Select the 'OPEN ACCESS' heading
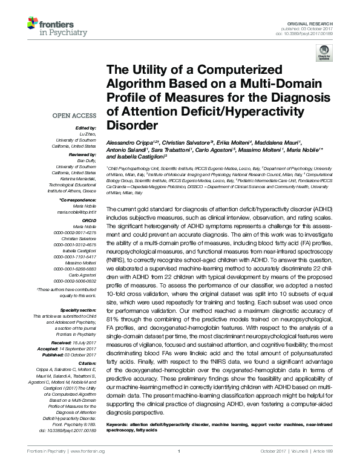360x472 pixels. [x=76, y=115]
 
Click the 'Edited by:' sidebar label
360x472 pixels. [x=85, y=128]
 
